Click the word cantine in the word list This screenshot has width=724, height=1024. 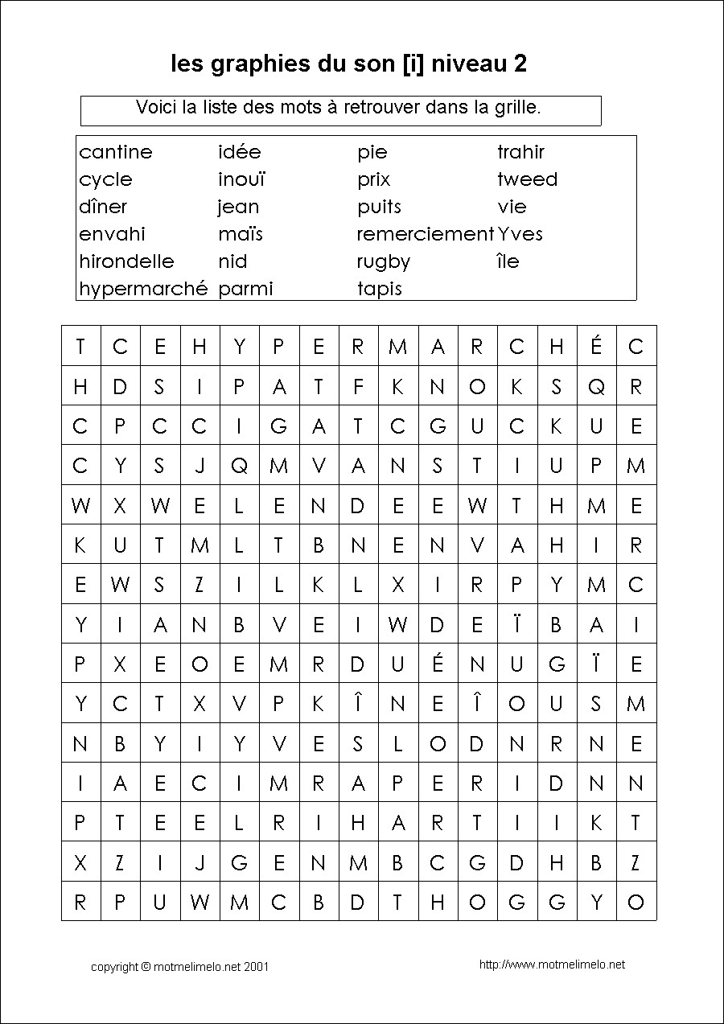(x=116, y=152)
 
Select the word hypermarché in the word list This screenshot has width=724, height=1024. (x=143, y=289)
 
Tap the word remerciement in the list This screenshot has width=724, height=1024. (x=425, y=234)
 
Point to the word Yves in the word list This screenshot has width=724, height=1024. (x=520, y=234)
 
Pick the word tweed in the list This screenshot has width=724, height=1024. (x=527, y=179)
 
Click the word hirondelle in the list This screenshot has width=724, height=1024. (x=126, y=261)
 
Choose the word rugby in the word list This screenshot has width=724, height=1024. (x=384, y=262)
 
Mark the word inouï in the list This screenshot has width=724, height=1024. (x=241, y=179)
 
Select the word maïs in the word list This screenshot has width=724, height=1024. (x=241, y=234)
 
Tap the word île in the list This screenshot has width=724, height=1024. (x=508, y=261)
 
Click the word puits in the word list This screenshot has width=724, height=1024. (x=379, y=207)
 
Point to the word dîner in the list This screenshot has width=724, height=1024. (x=103, y=207)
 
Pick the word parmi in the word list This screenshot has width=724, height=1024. (x=245, y=289)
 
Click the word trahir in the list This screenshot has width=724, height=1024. (x=520, y=152)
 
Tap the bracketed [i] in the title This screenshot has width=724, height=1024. (x=413, y=64)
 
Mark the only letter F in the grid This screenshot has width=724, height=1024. (x=358, y=387)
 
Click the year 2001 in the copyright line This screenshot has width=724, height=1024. (x=256, y=966)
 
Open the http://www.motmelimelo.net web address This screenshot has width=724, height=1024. (x=552, y=964)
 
